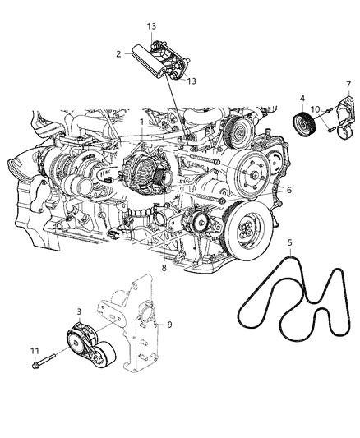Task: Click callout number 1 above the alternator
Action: (x=141, y=122)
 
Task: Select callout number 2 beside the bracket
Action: (x=118, y=53)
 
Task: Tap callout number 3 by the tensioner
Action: (x=78, y=313)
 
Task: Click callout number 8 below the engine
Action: (x=164, y=268)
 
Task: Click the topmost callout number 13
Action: (x=150, y=26)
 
